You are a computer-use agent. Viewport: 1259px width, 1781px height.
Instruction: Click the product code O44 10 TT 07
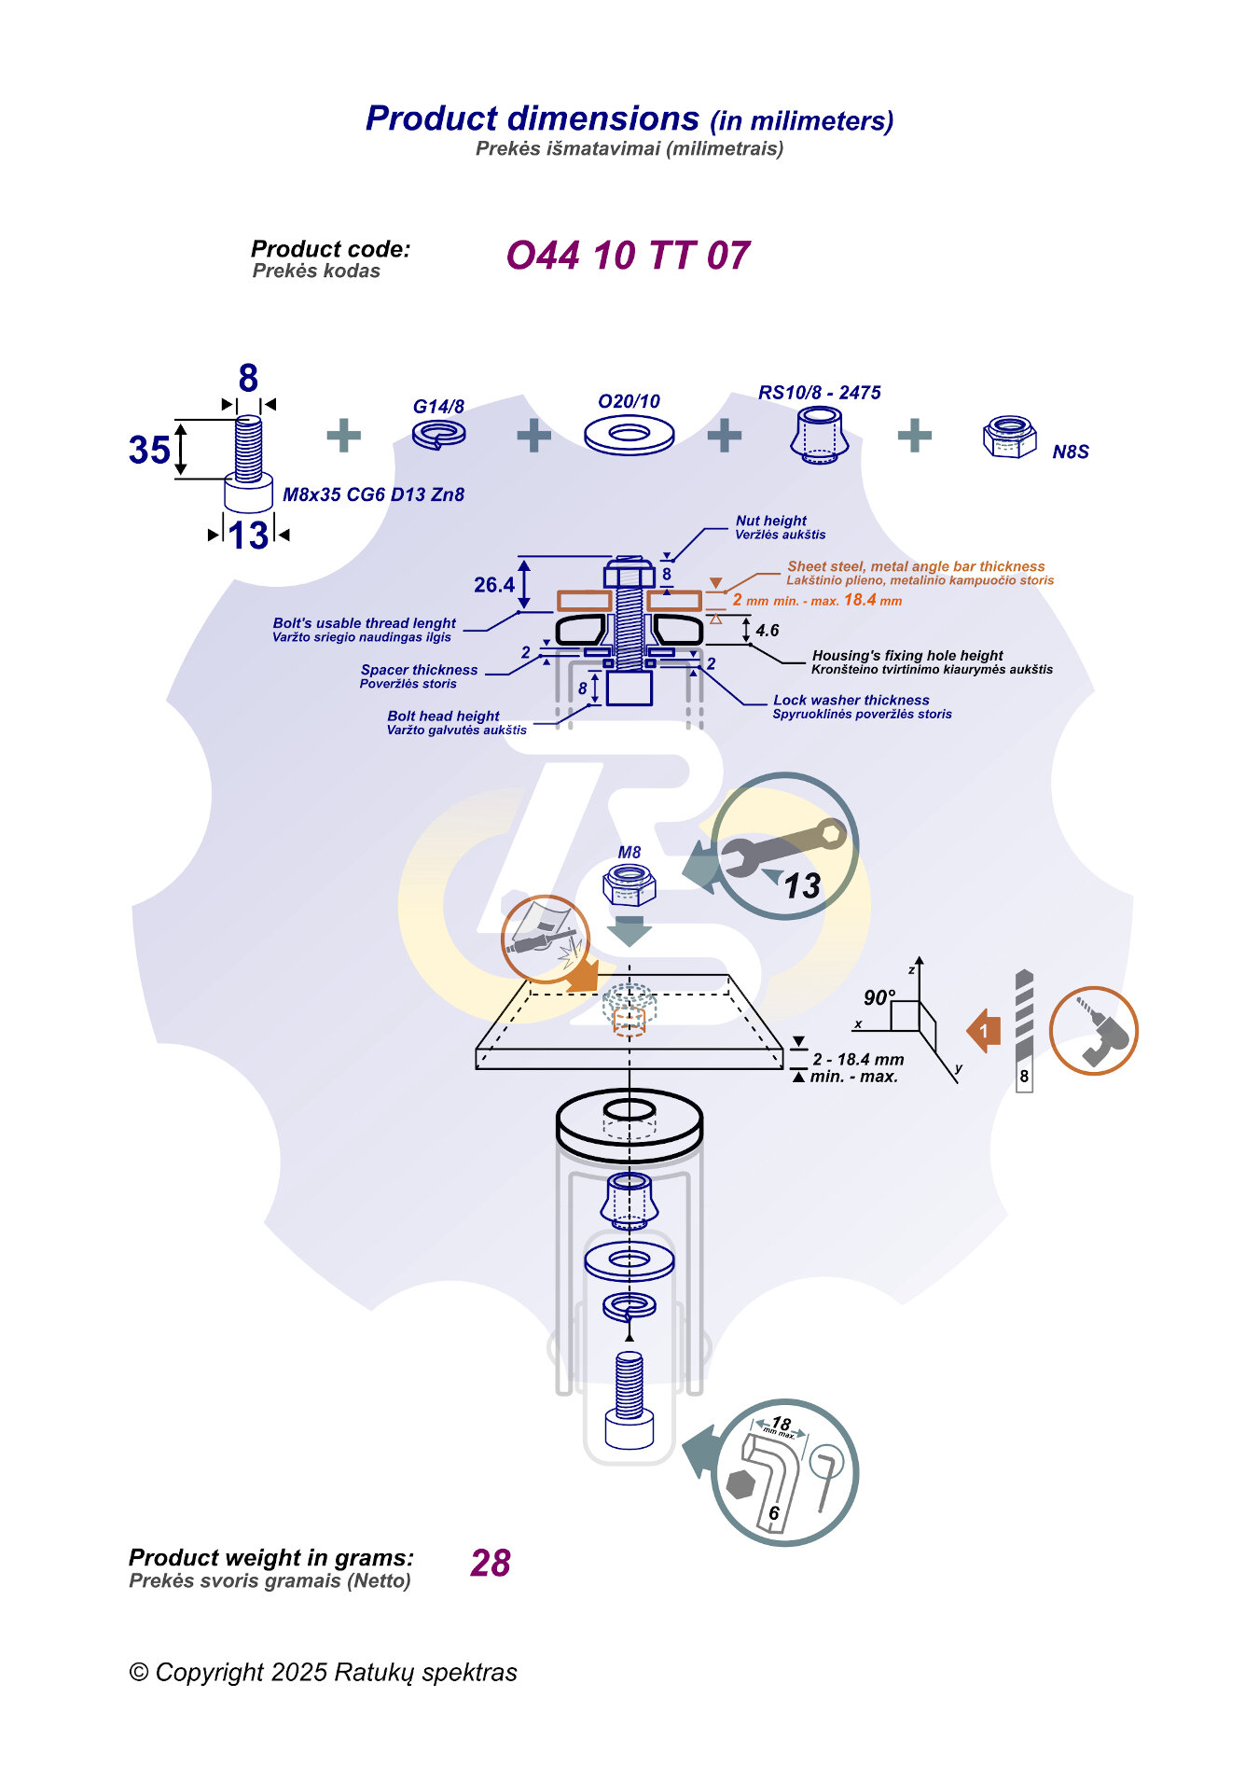[628, 256]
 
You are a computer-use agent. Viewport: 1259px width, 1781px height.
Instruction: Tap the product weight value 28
[491, 1563]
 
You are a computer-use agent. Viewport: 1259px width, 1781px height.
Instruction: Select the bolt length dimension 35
[149, 450]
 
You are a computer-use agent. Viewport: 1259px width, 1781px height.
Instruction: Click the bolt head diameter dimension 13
[248, 536]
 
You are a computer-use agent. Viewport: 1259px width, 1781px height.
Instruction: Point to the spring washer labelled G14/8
[439, 434]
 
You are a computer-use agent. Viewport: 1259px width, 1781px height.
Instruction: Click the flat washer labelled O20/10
[629, 435]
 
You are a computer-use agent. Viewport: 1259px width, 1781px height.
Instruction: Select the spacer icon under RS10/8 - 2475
[819, 436]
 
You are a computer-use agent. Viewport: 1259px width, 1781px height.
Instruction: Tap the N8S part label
[1071, 452]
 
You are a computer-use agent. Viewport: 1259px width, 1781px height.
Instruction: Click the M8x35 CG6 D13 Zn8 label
[373, 494]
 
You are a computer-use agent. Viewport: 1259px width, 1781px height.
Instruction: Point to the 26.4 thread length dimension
[493, 585]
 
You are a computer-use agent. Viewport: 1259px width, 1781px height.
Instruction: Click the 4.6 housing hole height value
[768, 631]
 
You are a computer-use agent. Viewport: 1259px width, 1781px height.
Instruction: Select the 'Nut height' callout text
[771, 521]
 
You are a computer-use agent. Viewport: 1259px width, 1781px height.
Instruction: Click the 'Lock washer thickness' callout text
[851, 700]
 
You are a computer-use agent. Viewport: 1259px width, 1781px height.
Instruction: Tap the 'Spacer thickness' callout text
[419, 670]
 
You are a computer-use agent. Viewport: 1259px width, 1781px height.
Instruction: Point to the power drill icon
[1093, 1031]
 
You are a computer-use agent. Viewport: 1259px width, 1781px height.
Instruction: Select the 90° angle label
[879, 997]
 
